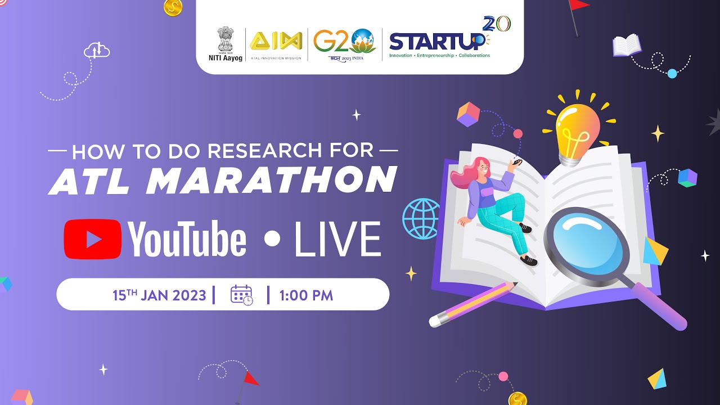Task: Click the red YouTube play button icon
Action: tap(92, 239)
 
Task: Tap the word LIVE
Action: tap(337, 239)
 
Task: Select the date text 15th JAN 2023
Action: tap(159, 295)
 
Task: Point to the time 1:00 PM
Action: tap(307, 295)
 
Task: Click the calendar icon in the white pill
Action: tap(241, 295)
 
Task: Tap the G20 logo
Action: tap(344, 42)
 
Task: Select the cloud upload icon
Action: tap(96, 51)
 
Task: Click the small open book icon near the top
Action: tap(626, 45)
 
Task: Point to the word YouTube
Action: tap(187, 239)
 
